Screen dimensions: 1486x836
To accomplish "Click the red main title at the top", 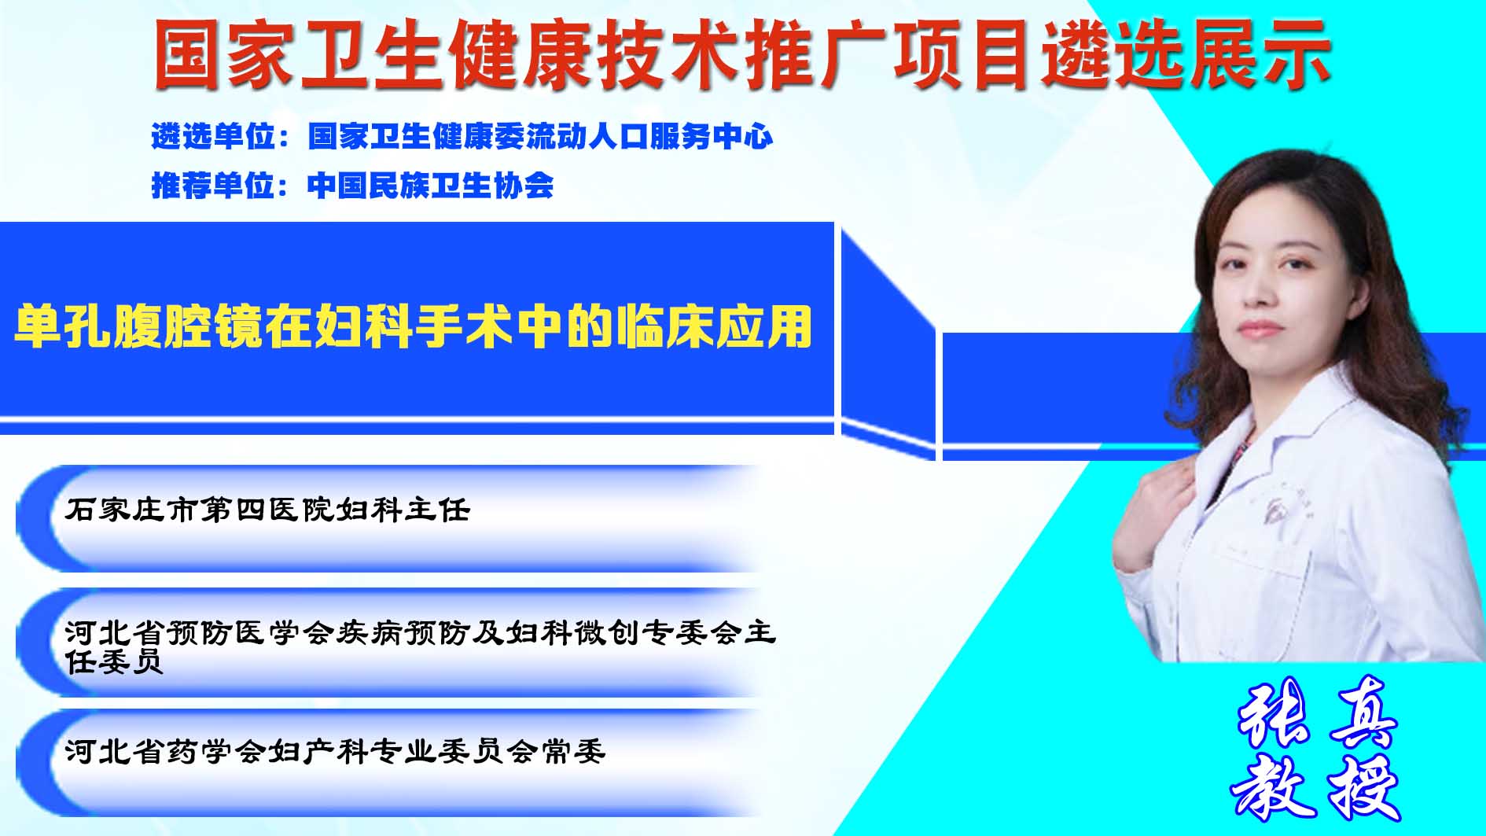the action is pyautogui.click(x=742, y=53).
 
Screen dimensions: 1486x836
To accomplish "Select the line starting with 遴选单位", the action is pyautogui.click(x=462, y=137).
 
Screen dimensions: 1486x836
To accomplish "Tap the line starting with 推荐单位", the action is pyautogui.click(x=352, y=186).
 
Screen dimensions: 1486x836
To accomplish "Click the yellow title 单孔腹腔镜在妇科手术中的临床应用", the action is pyautogui.click(x=414, y=326).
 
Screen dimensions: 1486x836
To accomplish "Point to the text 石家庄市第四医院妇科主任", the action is pyautogui.click(x=268, y=510).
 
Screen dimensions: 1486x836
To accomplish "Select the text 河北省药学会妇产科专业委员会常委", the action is pyautogui.click(x=336, y=752).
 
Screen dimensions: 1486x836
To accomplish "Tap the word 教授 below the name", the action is pyautogui.click(x=1316, y=786).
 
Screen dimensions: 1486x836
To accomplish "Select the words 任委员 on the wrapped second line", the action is pyautogui.click(x=114, y=661).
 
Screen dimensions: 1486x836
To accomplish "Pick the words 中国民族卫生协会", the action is pyautogui.click(x=431, y=186).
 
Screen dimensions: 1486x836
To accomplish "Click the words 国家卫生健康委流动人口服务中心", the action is pyautogui.click(x=541, y=137).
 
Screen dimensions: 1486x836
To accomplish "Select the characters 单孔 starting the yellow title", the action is pyautogui.click(x=63, y=326).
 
